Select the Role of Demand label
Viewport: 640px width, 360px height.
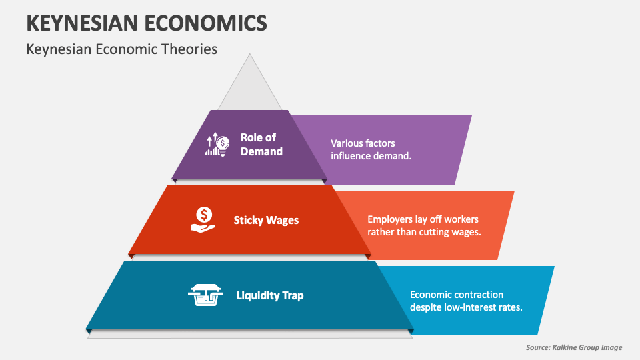click(x=261, y=144)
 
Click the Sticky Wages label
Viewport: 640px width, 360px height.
click(x=266, y=219)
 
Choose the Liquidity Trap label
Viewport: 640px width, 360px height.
click(x=270, y=295)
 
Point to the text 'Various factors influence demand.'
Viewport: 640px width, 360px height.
click(x=371, y=149)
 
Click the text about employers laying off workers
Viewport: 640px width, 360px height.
click(x=424, y=225)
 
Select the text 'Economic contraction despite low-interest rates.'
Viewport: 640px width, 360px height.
click(x=465, y=301)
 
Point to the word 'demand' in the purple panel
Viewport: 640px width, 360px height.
click(x=393, y=156)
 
